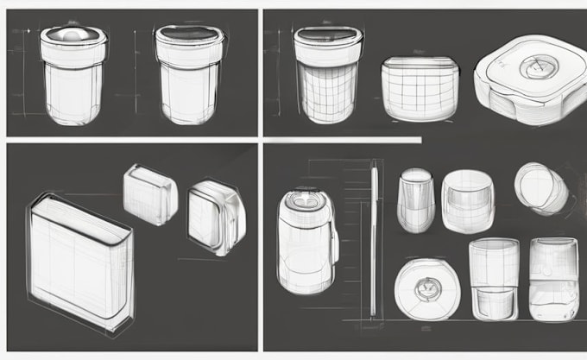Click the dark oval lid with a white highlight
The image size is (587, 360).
pos(73,34)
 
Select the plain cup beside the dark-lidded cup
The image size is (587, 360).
pos(189,74)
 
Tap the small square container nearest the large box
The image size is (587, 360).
pos(150,194)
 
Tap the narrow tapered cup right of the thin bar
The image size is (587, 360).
pos(415,200)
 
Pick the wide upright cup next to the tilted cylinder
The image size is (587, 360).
pos(467,202)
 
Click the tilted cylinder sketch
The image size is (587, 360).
pos(541,188)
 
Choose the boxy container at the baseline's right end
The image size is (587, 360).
pos(553,280)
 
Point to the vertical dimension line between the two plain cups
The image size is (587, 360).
pos(136,69)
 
